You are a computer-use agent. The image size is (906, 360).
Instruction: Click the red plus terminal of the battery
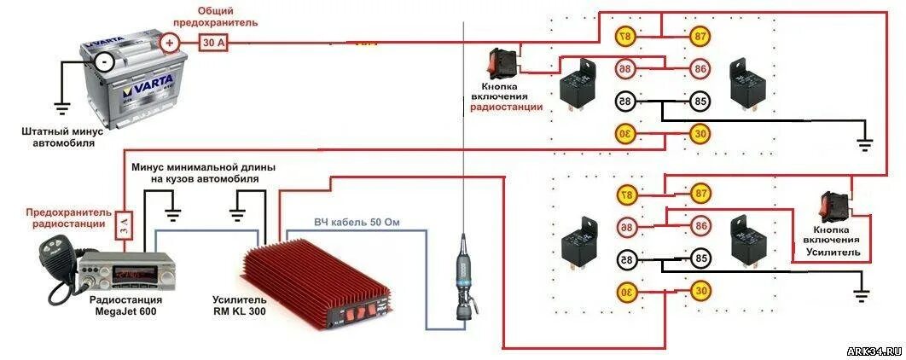click(170, 42)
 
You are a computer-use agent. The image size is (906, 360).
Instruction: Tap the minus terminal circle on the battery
click(104, 61)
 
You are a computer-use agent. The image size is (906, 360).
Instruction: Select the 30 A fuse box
click(213, 42)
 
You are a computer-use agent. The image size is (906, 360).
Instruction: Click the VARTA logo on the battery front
click(142, 89)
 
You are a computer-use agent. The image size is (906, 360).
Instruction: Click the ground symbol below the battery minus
click(61, 108)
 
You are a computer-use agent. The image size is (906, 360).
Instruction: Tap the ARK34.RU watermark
click(874, 351)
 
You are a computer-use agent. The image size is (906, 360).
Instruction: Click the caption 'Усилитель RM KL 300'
click(240, 305)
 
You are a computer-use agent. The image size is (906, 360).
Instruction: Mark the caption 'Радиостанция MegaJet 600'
click(124, 305)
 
